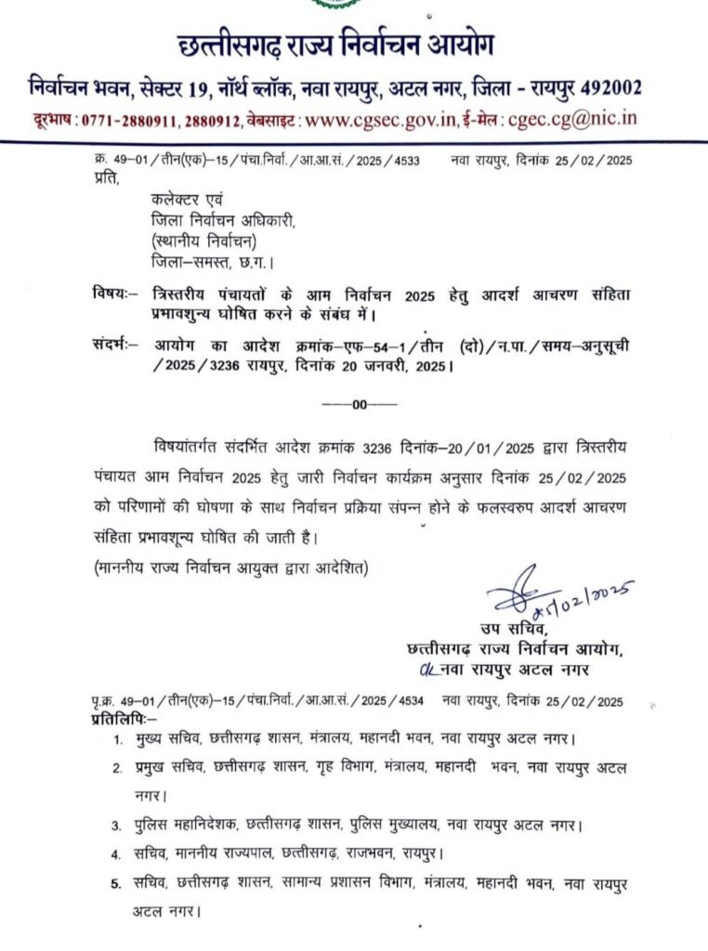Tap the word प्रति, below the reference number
(108, 179)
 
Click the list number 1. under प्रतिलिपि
(117, 741)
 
